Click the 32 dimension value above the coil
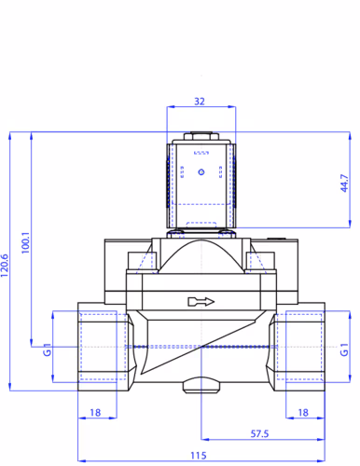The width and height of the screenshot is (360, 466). click(200, 102)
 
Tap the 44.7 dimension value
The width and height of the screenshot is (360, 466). click(344, 183)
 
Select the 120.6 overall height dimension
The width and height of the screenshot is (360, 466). click(5, 266)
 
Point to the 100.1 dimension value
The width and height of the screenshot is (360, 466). click(25, 242)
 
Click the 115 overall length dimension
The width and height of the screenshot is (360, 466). click(199, 456)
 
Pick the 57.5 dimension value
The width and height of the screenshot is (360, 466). click(259, 433)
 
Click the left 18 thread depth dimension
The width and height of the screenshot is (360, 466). click(95, 412)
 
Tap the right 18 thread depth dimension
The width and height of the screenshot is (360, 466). click(303, 412)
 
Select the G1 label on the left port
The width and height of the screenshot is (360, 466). click(47, 349)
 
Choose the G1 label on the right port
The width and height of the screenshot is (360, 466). click(344, 349)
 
